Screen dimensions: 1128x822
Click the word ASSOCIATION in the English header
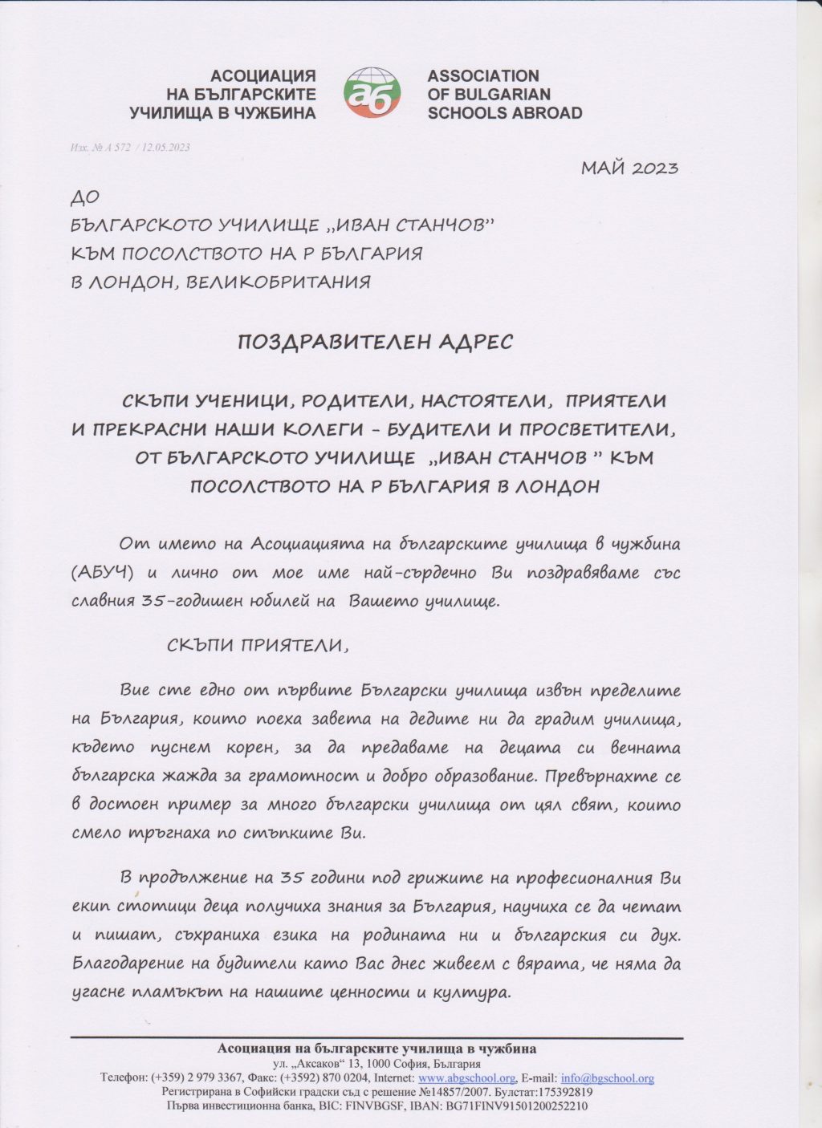(x=482, y=76)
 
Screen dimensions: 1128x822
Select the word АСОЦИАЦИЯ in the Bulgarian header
(x=262, y=76)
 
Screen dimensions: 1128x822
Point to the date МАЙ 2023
(x=629, y=168)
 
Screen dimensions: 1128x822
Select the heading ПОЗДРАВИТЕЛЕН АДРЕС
(x=375, y=342)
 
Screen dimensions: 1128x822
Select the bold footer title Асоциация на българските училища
(x=376, y=1049)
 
